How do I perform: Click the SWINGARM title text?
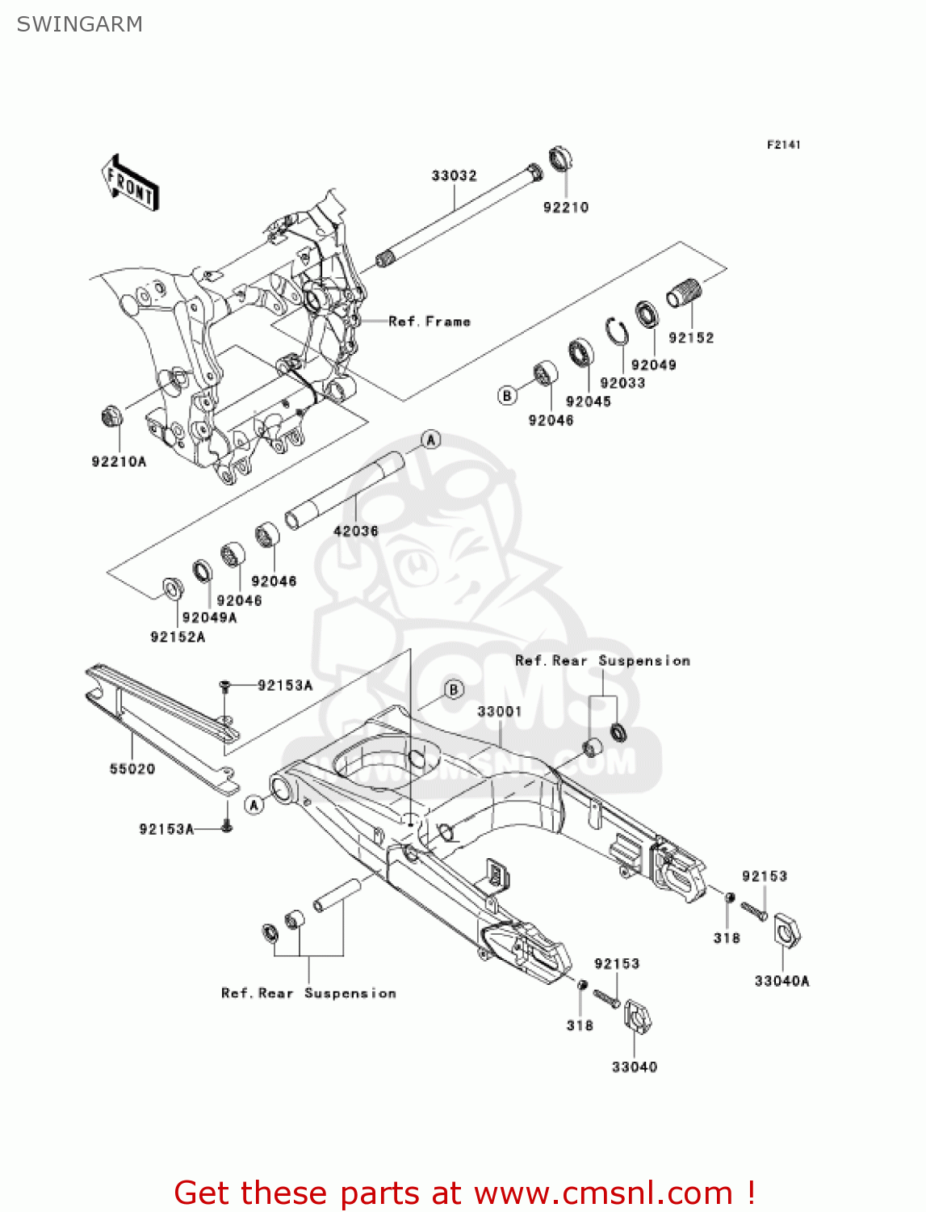(x=79, y=24)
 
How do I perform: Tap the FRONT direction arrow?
(x=130, y=183)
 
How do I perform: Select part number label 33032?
(x=454, y=175)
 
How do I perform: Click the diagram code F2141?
(x=783, y=145)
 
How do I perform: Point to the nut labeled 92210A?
(x=111, y=417)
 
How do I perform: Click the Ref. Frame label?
(x=429, y=322)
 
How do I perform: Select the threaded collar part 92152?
(x=685, y=292)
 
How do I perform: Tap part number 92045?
(x=588, y=402)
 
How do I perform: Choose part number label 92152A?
(x=178, y=637)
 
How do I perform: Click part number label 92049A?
(x=209, y=618)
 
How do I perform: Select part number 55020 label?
(x=132, y=768)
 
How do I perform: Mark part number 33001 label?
(x=499, y=711)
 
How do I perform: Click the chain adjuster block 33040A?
(x=786, y=930)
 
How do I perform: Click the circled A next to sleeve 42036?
(x=431, y=440)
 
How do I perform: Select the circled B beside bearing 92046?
(x=507, y=395)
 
